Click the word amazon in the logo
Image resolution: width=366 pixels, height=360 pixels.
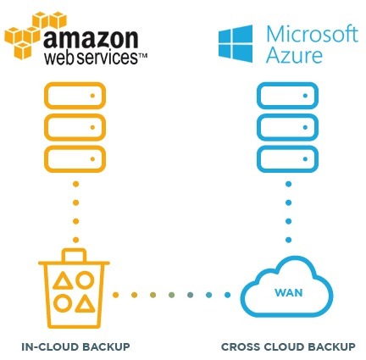(x=91, y=39)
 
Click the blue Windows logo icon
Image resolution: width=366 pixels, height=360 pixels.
(x=236, y=43)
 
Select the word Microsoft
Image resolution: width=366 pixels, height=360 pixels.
(x=313, y=34)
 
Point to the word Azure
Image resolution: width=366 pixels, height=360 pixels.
(x=294, y=55)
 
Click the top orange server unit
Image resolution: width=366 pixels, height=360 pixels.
(x=75, y=96)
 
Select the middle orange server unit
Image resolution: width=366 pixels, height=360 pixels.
(x=75, y=127)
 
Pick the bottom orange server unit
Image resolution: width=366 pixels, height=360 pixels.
(x=75, y=159)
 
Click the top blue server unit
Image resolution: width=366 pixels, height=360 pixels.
(x=287, y=96)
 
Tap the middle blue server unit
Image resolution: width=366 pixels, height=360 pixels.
(x=287, y=127)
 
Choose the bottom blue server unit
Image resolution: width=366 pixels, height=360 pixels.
(x=287, y=159)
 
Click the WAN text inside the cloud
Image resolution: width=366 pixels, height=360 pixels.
(x=289, y=292)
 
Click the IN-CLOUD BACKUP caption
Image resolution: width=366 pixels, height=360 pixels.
(x=75, y=346)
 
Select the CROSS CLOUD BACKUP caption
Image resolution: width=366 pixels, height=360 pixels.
(x=288, y=346)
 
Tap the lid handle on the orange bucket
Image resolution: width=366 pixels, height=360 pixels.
(x=74, y=255)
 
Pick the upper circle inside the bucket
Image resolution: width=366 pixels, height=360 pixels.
(x=85, y=280)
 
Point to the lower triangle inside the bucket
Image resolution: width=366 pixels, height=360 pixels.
(x=84, y=304)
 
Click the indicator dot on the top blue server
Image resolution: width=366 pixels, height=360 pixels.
(x=305, y=96)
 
